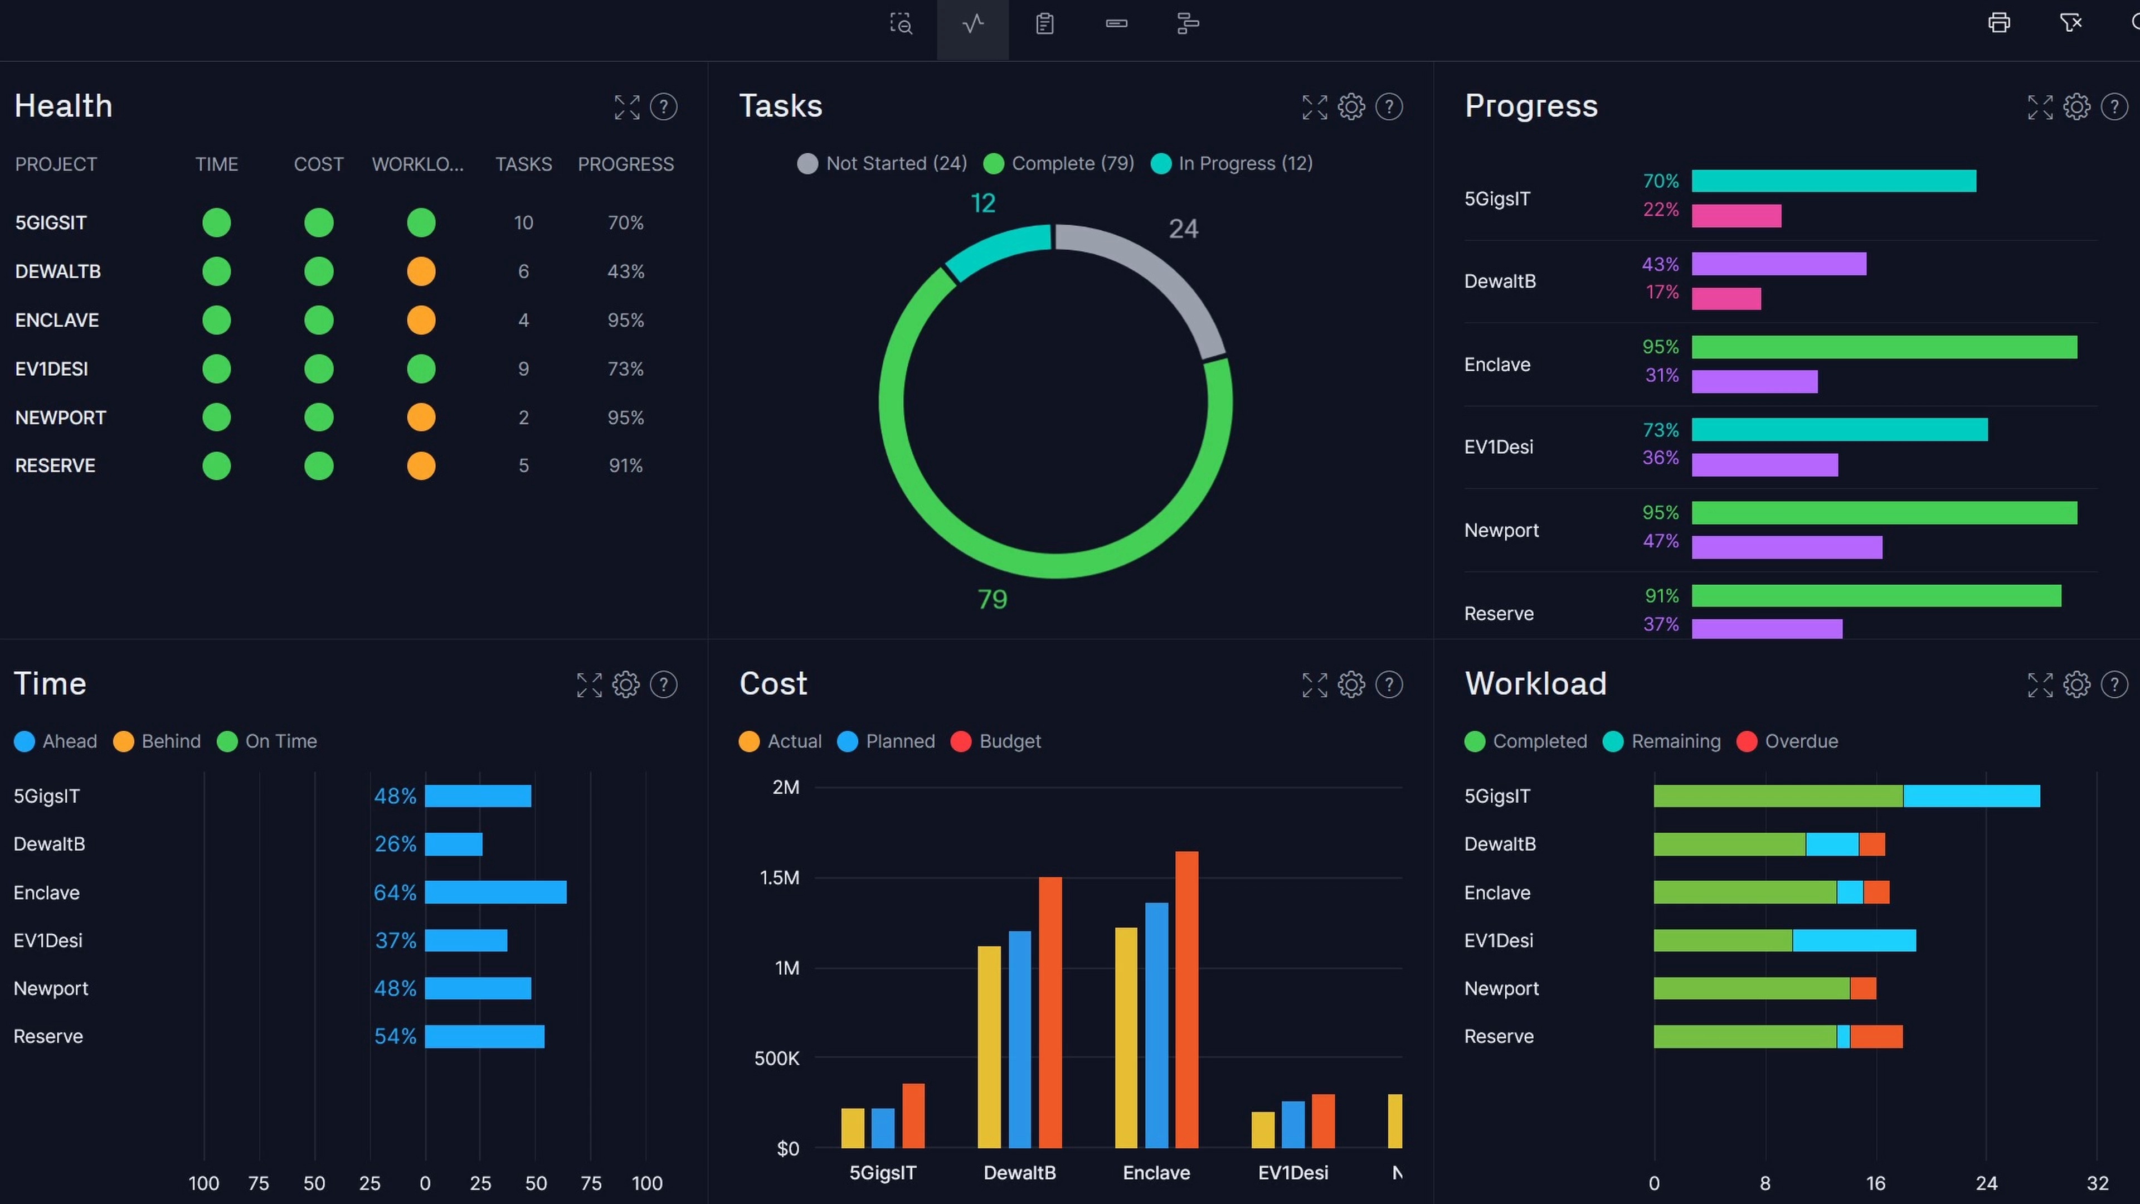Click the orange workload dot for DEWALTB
click(x=421, y=271)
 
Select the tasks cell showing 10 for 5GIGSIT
click(x=523, y=223)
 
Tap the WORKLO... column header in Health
click(x=418, y=164)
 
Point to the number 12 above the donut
click(x=983, y=203)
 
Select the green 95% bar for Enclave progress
click(x=1884, y=347)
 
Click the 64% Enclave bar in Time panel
click(x=495, y=892)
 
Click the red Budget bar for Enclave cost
click(x=1186, y=997)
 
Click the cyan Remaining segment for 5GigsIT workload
click(x=1971, y=796)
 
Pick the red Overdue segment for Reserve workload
click(x=1876, y=1037)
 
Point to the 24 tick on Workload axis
click(x=1986, y=1183)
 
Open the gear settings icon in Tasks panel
click(x=1351, y=106)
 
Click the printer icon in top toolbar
click(x=1999, y=23)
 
